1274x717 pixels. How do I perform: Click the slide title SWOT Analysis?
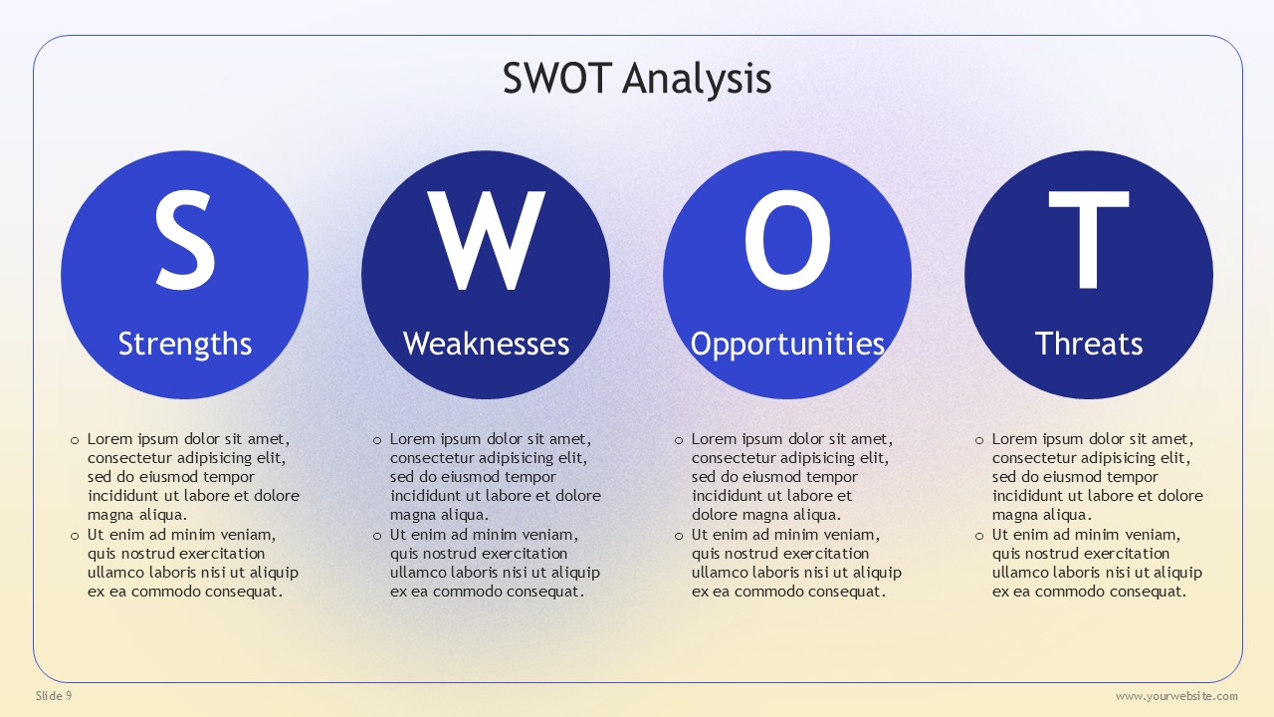(637, 79)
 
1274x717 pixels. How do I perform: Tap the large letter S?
(185, 240)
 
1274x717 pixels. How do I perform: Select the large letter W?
(487, 240)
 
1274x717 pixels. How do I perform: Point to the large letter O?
(787, 240)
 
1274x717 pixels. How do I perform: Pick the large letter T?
(1089, 240)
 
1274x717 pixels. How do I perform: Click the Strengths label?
(185, 345)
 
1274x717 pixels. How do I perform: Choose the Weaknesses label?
(487, 344)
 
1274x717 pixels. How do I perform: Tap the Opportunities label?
(787, 345)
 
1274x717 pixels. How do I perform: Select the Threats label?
(1089, 344)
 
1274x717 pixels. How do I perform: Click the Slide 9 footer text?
(54, 696)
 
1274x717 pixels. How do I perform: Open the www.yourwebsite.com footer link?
(1176, 696)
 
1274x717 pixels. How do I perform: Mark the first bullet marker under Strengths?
(75, 440)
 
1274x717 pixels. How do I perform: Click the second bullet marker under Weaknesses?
(377, 536)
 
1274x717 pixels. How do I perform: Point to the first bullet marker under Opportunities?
(679, 440)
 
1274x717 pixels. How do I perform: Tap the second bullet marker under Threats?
(978, 536)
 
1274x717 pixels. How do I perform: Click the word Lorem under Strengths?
(110, 439)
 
